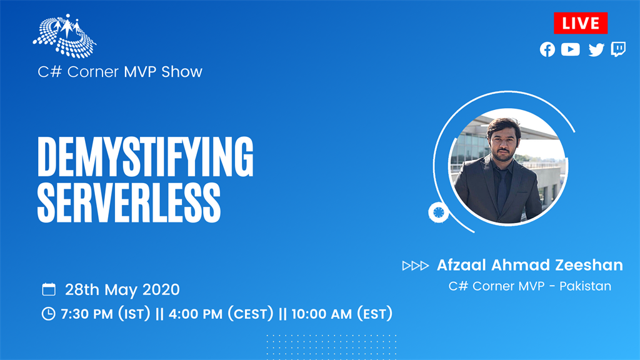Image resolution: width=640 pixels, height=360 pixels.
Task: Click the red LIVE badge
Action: coord(581,23)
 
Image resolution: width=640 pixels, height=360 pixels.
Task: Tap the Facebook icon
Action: coord(547,49)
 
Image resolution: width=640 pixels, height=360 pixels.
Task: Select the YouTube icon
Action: coord(570,49)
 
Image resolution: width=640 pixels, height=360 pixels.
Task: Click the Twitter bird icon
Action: coord(596,50)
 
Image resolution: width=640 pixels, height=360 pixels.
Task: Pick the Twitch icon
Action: coord(618,49)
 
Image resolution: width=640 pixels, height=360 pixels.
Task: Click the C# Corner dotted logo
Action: coord(64,36)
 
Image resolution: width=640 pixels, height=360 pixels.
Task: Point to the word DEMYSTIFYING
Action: coord(145,157)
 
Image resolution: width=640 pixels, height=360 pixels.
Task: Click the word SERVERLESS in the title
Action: coord(129,203)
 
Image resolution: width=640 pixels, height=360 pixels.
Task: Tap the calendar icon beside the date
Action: coord(49,289)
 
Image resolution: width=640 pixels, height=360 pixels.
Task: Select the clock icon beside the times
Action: coord(48,314)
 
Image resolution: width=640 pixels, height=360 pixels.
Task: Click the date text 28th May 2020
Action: coord(122,289)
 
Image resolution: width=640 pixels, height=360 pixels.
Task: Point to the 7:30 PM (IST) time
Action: coord(105,314)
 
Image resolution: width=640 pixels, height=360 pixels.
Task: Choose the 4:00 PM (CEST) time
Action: coord(221,314)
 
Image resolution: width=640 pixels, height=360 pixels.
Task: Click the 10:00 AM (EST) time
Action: coord(342,314)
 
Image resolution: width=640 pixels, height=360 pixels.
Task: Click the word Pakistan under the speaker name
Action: coord(585,286)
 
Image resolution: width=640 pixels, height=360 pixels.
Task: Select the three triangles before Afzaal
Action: coord(416,266)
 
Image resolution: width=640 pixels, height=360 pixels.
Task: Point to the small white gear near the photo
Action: coord(438,212)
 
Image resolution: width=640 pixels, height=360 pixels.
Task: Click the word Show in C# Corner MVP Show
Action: coord(182,72)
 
